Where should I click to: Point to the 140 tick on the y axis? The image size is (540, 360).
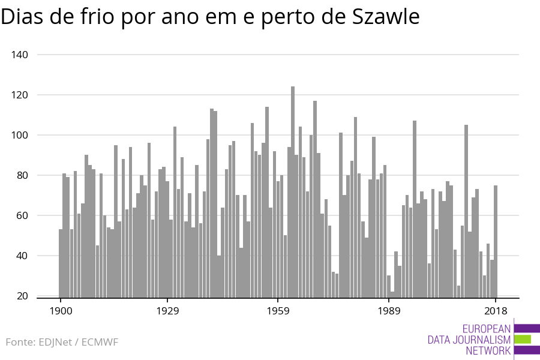(x=20, y=55)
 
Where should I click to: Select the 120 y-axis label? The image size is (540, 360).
(x=20, y=95)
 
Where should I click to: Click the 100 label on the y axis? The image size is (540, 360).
(x=20, y=135)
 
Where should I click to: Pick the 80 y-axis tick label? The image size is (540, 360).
(x=22, y=175)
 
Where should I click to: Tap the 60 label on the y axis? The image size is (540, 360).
(x=22, y=215)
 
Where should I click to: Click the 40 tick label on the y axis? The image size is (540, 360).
(x=22, y=256)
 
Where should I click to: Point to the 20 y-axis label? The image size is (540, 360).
(x=22, y=296)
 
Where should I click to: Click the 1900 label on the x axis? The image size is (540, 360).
(x=61, y=311)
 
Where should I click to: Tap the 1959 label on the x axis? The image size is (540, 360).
(x=278, y=311)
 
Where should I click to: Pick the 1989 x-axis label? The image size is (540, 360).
(x=389, y=311)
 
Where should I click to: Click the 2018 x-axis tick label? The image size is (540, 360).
(x=496, y=311)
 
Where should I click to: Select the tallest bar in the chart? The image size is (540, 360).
(x=293, y=192)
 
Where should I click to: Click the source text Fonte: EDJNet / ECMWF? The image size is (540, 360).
(x=62, y=342)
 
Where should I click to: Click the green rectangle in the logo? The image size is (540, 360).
(x=523, y=339)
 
